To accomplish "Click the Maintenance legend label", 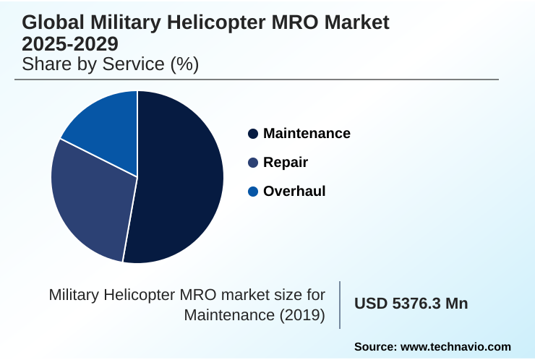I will (x=307, y=133).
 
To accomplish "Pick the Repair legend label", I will (x=285, y=162).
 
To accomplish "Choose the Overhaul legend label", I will (x=294, y=191).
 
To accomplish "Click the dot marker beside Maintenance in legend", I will (x=253, y=134).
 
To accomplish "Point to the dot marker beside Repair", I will (x=253, y=163).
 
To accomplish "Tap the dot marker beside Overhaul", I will (x=253, y=192).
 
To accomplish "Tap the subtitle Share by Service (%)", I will (x=110, y=64).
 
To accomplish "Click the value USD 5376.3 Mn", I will (x=411, y=304).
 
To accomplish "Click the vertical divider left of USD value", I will (x=340, y=304).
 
